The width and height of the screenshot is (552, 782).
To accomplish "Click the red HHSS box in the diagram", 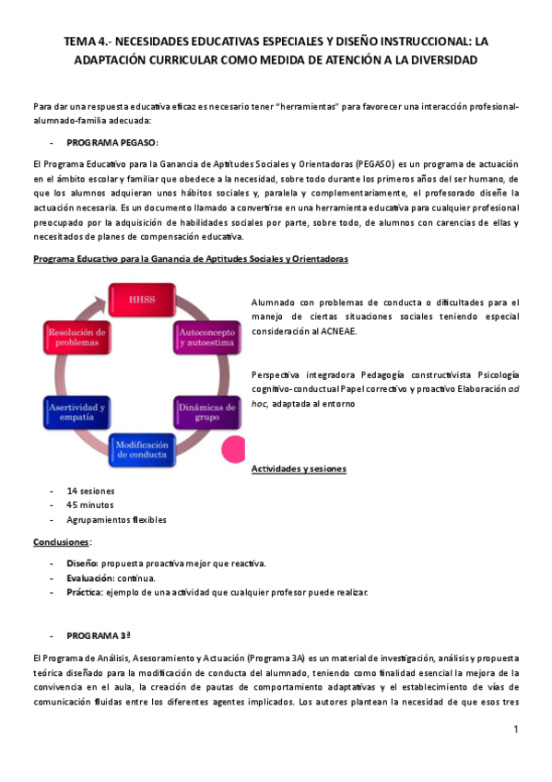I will pyautogui.click(x=142, y=300).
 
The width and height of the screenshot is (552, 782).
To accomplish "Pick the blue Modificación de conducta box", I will pyautogui.click(x=142, y=450).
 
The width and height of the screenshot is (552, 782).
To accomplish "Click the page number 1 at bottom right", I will pyautogui.click(x=517, y=729).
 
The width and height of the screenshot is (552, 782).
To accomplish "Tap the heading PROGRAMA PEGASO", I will pyautogui.click(x=112, y=143).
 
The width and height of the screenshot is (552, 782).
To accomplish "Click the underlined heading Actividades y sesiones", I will pyautogui.click(x=299, y=469).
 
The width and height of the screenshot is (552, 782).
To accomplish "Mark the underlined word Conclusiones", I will pyautogui.click(x=61, y=541).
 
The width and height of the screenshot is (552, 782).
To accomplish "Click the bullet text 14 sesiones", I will pyautogui.click(x=90, y=490).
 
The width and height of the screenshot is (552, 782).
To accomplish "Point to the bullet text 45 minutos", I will pyautogui.click(x=90, y=504).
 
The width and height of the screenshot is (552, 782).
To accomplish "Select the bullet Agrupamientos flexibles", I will pyautogui.click(x=116, y=519).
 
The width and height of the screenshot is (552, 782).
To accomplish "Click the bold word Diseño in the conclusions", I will pyautogui.click(x=82, y=563).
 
